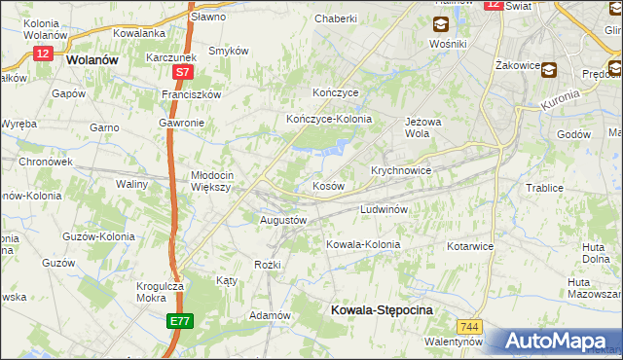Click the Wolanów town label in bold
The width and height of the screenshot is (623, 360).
(x=92, y=58)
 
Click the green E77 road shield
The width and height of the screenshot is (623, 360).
(x=179, y=321)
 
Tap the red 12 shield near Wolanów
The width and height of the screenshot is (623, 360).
(x=42, y=54)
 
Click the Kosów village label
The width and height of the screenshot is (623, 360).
(x=327, y=186)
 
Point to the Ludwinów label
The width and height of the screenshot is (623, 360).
(x=389, y=209)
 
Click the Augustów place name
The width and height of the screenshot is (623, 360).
(x=283, y=221)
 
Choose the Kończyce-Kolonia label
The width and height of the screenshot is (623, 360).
(x=329, y=119)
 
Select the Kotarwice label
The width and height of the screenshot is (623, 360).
(x=470, y=246)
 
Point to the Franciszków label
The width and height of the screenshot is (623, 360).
(x=192, y=94)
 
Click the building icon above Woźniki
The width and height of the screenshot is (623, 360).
(x=441, y=25)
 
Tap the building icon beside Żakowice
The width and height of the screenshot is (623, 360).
(x=550, y=69)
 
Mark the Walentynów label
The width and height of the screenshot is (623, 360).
(x=454, y=342)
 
